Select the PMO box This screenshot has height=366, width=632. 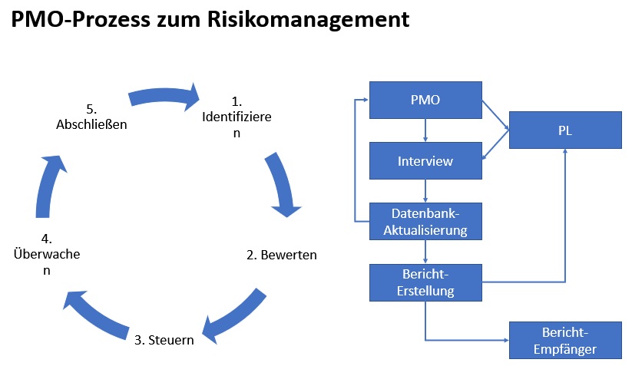(x=425, y=100)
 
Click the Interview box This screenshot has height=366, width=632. (x=425, y=161)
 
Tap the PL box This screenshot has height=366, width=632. (x=565, y=130)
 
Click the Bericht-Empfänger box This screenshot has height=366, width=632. (x=565, y=341)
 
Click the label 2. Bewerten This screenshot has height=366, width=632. (x=281, y=255)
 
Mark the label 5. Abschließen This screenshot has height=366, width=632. (x=91, y=117)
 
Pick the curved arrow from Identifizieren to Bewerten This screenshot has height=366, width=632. (x=283, y=185)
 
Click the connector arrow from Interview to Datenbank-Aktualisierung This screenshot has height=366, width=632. (x=425, y=191)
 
